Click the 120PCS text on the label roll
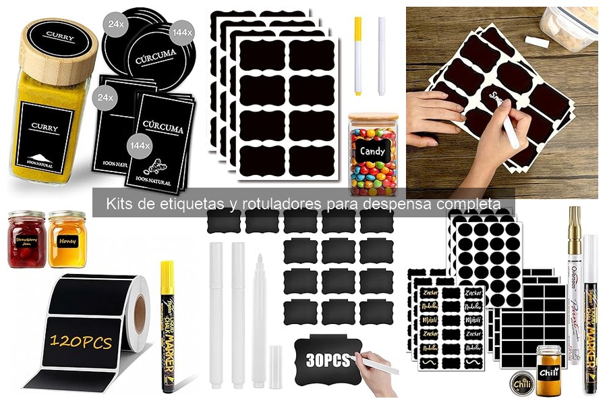[80, 343]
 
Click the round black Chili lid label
[521, 383]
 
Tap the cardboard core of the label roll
[139, 311]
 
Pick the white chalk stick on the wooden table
[536, 42]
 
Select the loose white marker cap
[275, 367]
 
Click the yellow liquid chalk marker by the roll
[167, 324]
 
